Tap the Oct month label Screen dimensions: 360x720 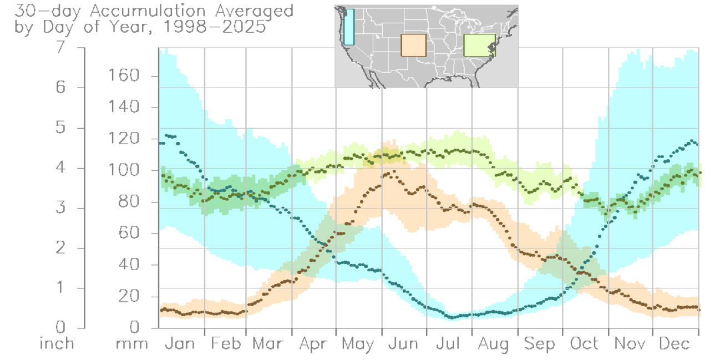[585, 344]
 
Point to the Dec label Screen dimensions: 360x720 [675, 344]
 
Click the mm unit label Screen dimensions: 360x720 [132, 344]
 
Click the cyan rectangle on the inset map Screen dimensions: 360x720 [348, 27]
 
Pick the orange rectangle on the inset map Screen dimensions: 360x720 [413, 45]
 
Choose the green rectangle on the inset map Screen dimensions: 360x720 [479, 45]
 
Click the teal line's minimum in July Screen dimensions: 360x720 [452, 317]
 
